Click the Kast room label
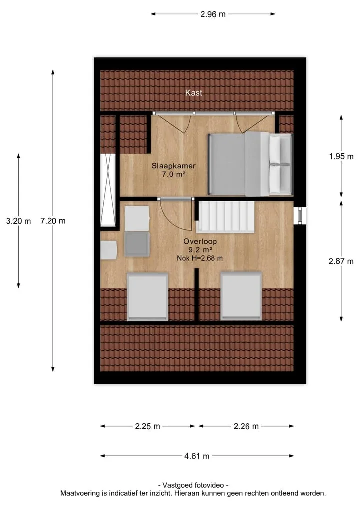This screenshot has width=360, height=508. [193, 93]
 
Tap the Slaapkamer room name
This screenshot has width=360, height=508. [174, 166]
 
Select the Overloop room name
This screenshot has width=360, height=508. [200, 241]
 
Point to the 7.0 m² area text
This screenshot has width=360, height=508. [174, 174]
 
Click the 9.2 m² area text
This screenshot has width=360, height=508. [200, 250]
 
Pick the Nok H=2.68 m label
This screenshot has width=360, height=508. [200, 258]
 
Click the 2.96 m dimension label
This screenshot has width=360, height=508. [213, 14]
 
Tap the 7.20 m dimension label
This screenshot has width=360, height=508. [53, 221]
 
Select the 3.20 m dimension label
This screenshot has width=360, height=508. [19, 221]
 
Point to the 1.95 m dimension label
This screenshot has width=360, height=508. [341, 156]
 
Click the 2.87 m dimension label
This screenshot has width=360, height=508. [341, 261]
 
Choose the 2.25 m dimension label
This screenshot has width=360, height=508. [147, 426]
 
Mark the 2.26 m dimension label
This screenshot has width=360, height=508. [246, 426]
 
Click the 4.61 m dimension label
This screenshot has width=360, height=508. [197, 456]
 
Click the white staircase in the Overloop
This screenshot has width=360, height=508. [226, 217]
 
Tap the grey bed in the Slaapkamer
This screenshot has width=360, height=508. [250, 164]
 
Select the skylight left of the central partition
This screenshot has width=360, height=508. [147, 296]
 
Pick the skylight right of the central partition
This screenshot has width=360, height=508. [241, 296]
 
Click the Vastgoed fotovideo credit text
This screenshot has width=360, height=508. [193, 485]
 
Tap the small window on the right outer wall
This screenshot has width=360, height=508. [300, 215]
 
